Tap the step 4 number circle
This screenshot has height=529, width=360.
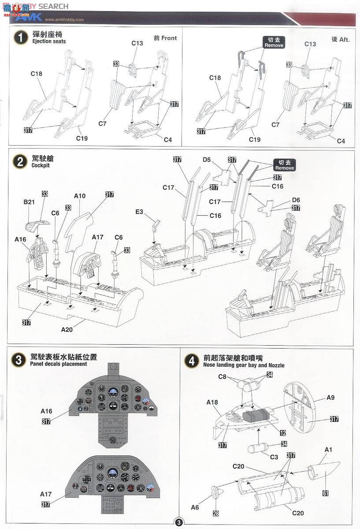point(191,361)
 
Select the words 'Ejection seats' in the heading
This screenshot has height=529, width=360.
point(49,41)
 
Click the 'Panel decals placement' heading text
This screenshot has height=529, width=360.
point(59,364)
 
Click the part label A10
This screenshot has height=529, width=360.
point(79,196)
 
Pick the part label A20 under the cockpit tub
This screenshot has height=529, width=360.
point(67,329)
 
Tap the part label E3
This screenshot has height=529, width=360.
point(139,212)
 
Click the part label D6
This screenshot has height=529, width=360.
point(296,200)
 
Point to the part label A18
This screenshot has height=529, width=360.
point(212,402)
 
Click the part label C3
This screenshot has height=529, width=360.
point(274,457)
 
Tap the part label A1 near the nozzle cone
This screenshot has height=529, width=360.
point(328,450)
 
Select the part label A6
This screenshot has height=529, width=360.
point(195,507)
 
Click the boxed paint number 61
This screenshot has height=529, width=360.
point(325,493)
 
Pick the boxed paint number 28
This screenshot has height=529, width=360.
point(216,513)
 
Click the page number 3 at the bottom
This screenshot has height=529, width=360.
point(179,523)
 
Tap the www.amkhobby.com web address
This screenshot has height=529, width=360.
point(65,19)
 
